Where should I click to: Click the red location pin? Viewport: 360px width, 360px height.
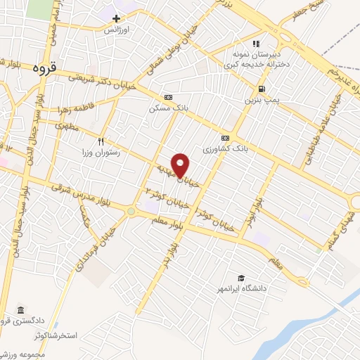coord(181,165)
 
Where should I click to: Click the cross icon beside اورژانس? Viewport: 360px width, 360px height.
coord(117,18)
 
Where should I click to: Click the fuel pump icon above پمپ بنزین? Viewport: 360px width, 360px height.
coord(262,89)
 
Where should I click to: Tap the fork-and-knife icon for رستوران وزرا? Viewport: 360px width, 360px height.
coord(101,140)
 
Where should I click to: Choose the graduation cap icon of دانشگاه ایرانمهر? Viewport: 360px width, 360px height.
coord(241,278)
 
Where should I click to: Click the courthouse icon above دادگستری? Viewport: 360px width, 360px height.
coord(20,310)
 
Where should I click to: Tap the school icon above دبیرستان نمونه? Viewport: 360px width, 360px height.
coord(257,44)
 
